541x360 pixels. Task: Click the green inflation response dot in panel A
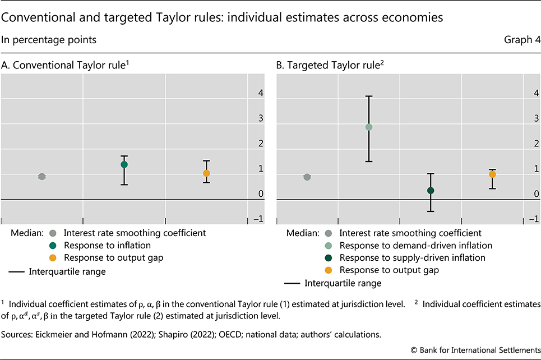[124, 164]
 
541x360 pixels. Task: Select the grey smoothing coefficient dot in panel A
[41, 176]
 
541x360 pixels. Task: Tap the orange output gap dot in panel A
[206, 173]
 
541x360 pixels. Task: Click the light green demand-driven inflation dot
[369, 127]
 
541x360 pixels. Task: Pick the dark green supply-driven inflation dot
[431, 191]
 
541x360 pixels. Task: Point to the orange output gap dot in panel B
[492, 174]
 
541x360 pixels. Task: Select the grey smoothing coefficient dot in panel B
[307, 177]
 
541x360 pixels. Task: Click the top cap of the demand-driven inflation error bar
[369, 96]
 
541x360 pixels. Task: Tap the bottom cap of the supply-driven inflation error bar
[431, 211]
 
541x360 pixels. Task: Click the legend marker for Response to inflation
[53, 246]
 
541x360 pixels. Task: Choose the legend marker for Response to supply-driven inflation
[329, 258]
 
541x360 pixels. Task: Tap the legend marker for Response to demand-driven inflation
[329, 246]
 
